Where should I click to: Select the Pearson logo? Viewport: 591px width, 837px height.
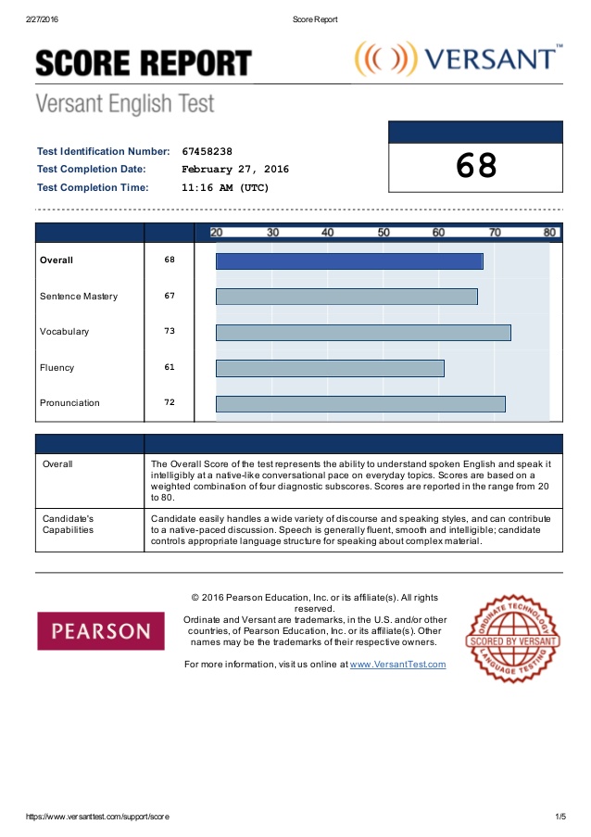click(x=101, y=630)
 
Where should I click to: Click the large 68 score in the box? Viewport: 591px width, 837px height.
click(x=476, y=166)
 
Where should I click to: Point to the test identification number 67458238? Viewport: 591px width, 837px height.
click(x=207, y=151)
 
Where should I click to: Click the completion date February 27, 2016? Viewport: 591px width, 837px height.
click(x=235, y=170)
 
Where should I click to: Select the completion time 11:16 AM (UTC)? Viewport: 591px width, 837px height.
click(x=226, y=187)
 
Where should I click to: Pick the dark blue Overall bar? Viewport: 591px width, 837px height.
click(x=349, y=261)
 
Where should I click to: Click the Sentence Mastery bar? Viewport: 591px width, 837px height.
click(x=346, y=297)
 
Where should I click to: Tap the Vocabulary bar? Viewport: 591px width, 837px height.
click(x=363, y=332)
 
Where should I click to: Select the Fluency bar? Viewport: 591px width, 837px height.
click(x=330, y=368)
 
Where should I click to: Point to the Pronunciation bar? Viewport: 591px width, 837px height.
click(x=360, y=403)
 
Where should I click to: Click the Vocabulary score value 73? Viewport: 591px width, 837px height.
click(x=170, y=331)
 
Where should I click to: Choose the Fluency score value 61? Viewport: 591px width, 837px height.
click(x=170, y=367)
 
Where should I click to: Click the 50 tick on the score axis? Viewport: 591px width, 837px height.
click(x=384, y=233)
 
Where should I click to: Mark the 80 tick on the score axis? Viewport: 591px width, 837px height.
click(x=550, y=233)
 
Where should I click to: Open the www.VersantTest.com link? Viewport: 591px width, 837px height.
click(x=397, y=665)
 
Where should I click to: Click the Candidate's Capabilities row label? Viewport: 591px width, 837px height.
click(x=69, y=524)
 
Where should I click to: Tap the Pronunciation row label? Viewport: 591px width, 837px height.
click(x=69, y=403)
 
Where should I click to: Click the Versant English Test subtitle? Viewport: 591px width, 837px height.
click(x=124, y=103)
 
